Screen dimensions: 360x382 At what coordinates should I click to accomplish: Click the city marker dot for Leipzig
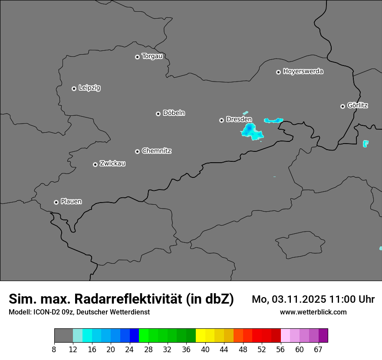click(x=74, y=88)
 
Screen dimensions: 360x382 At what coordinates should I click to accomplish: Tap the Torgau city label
click(x=152, y=56)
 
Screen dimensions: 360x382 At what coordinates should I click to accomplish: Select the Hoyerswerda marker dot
click(x=278, y=72)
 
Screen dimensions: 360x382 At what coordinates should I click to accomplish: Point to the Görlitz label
click(x=358, y=105)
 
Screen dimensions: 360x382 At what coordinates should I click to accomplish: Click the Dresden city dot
click(x=221, y=120)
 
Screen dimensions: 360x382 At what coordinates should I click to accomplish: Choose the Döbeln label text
click(x=174, y=113)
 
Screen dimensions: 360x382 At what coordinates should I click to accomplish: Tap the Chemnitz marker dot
click(x=137, y=151)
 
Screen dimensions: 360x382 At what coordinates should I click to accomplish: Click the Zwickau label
click(x=112, y=164)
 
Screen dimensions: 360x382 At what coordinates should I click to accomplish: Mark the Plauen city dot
click(x=56, y=202)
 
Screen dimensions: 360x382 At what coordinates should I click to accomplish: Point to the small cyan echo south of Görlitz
click(x=366, y=144)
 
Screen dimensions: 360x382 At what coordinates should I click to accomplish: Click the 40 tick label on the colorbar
click(x=205, y=350)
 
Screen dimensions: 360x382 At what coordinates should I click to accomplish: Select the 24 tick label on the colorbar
click(x=129, y=350)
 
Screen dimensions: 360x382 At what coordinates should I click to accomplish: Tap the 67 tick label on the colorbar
click(x=318, y=350)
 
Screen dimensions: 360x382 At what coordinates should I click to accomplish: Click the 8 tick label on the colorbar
click(x=54, y=350)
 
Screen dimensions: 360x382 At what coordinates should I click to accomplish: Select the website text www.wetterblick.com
click(x=313, y=312)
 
